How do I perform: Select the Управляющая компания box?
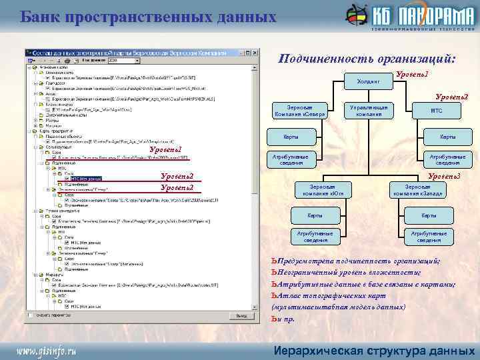pos(368,110)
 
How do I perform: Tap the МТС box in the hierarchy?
pos(436,110)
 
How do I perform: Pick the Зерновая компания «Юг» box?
pos(314,189)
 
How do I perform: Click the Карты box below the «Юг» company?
pos(314,215)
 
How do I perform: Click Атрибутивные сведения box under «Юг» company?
pos(314,237)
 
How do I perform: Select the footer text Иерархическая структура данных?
pos(373,351)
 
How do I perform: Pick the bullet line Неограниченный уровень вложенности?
pos(347,272)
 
